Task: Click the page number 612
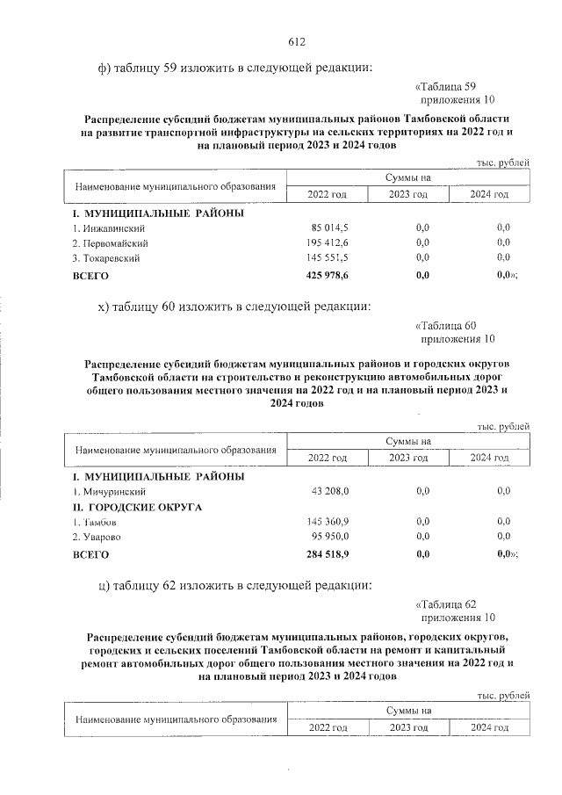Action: point(296,41)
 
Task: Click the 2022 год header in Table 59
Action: point(327,194)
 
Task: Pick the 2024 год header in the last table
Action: point(489,727)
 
